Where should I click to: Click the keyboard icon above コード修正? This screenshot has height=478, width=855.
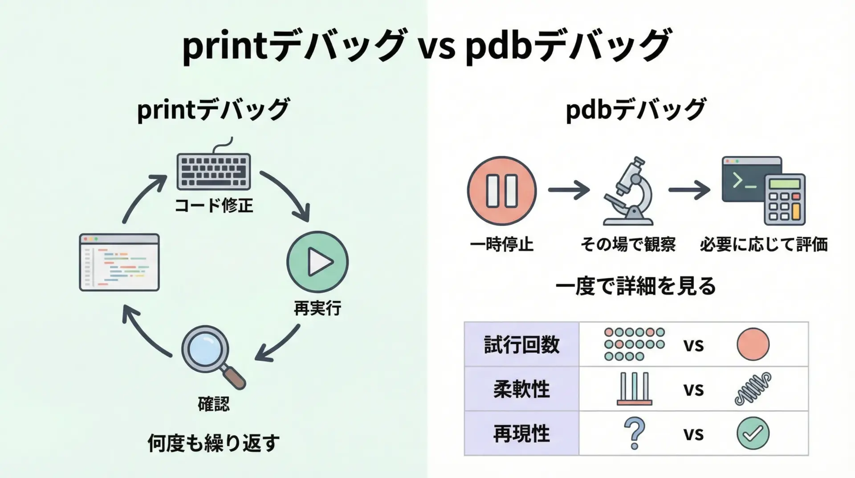(x=214, y=171)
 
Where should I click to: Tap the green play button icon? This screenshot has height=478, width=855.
(x=318, y=262)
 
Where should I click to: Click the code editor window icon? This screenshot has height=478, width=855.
(x=119, y=262)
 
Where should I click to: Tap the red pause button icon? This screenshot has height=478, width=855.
(x=502, y=191)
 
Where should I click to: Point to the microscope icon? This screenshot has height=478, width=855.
(x=628, y=192)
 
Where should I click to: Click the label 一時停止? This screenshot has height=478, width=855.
(x=502, y=244)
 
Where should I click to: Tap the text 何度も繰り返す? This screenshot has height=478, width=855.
(x=214, y=443)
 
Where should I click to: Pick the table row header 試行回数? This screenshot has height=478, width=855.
(x=521, y=345)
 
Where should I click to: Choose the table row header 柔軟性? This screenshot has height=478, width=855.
(x=521, y=389)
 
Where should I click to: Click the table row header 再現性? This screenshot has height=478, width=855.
(x=521, y=433)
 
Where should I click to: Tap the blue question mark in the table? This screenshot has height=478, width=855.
(x=635, y=433)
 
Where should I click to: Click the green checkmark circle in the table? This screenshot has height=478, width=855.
(x=753, y=433)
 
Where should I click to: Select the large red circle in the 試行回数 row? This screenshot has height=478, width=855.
(x=753, y=344)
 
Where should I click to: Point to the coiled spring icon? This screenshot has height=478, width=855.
(x=753, y=389)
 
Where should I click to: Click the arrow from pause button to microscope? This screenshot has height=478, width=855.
(x=569, y=190)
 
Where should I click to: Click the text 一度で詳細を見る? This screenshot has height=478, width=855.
(x=635, y=286)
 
